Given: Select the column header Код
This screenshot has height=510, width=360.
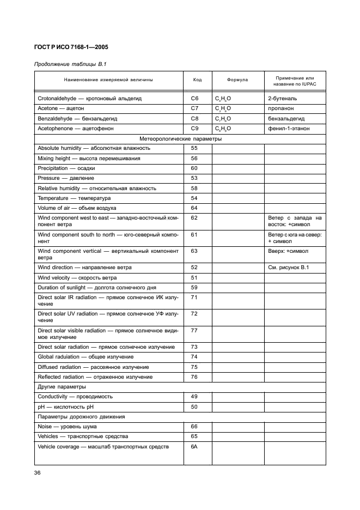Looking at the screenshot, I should [x=197, y=80].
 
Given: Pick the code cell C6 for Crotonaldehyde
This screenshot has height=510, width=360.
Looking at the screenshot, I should [x=195, y=99].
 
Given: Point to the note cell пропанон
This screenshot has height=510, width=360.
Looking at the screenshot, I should [x=280, y=108].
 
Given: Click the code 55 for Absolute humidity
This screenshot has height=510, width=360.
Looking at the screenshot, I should [x=194, y=148].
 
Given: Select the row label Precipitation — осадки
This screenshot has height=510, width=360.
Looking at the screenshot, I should [x=63, y=168].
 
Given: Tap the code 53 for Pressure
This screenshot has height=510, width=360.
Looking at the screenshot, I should [x=194, y=178].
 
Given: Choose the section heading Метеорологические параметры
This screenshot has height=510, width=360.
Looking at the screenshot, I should [x=180, y=138].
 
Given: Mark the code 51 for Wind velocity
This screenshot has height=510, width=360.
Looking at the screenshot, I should [x=194, y=277].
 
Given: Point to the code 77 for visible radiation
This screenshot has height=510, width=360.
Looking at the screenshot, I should [x=194, y=330].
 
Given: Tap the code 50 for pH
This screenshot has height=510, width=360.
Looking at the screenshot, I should [x=194, y=406].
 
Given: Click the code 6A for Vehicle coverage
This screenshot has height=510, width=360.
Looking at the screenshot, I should [x=194, y=447].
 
